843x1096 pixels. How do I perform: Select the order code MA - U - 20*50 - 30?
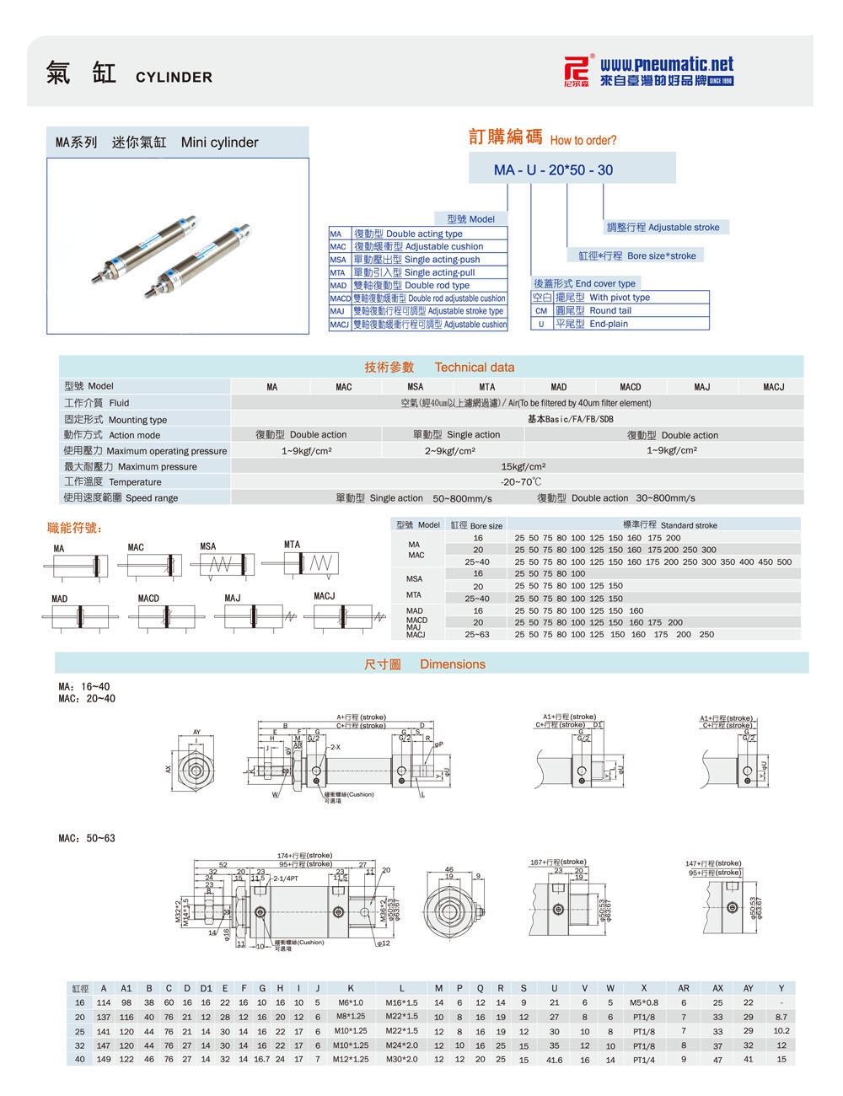coord(553,169)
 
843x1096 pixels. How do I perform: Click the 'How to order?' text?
coord(583,141)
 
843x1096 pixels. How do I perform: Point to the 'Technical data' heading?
coord(475,367)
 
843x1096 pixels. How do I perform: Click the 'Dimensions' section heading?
coord(453,664)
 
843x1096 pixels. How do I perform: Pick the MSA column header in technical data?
coord(416,387)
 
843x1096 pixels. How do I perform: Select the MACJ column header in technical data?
coord(773,387)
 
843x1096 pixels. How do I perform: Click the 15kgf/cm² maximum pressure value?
coord(524,466)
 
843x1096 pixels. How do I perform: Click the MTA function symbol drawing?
coord(311,562)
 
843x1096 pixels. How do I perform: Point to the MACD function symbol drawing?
coord(162,617)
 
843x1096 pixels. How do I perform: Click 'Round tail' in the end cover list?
coord(610,310)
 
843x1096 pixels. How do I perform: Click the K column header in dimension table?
coord(350,988)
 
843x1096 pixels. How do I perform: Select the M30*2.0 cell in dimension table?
coord(401,1060)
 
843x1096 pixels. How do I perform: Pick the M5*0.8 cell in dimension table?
coord(643,1002)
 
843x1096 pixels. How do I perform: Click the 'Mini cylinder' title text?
coord(219,142)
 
